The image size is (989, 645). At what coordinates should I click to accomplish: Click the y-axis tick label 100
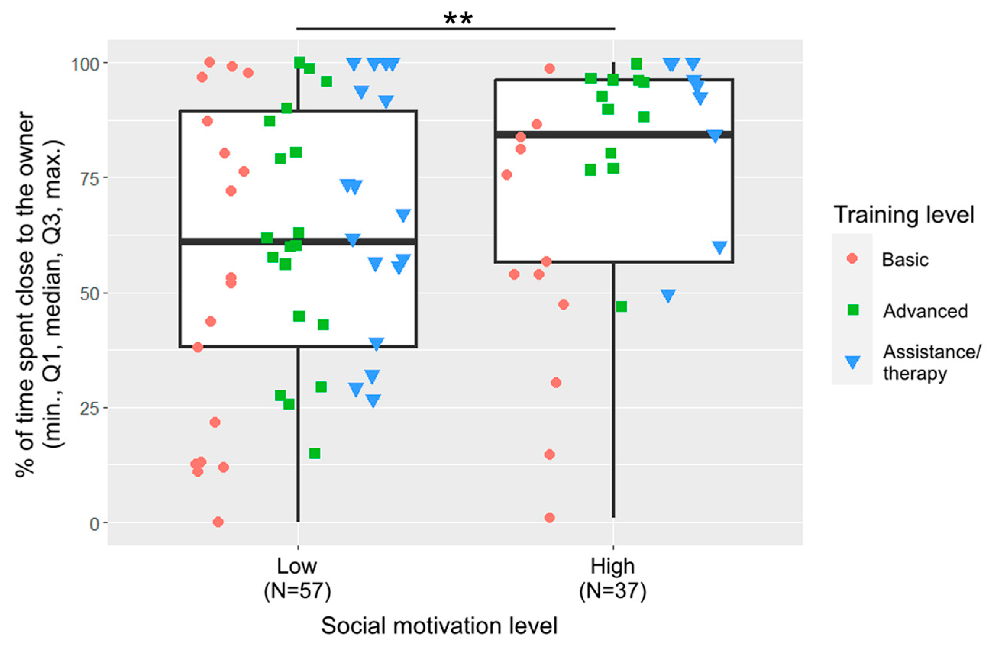click(x=85, y=64)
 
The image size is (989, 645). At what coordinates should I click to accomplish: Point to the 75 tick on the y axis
click(x=90, y=179)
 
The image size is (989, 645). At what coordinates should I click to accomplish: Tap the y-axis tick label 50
click(x=90, y=294)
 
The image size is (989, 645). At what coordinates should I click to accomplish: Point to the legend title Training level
click(x=904, y=215)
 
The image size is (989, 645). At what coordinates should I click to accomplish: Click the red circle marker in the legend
click(x=852, y=259)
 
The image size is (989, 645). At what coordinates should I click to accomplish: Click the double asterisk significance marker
click(x=458, y=18)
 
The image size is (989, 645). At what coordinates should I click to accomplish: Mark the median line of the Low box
click(x=298, y=241)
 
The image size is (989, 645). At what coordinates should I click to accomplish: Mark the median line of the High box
click(x=614, y=134)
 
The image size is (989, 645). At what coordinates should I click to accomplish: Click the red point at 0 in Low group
click(x=218, y=522)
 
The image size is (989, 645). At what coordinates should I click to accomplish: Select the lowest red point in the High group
click(x=549, y=518)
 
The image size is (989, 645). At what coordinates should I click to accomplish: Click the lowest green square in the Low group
click(x=315, y=453)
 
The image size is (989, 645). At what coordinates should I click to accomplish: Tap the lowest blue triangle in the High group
click(x=668, y=295)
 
